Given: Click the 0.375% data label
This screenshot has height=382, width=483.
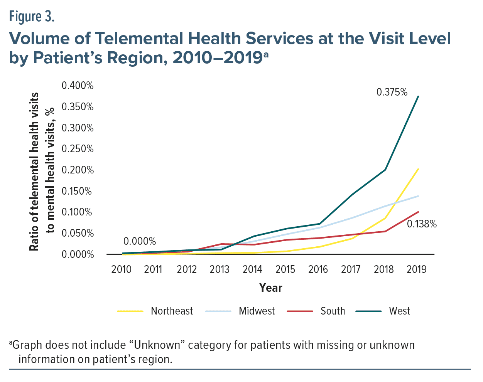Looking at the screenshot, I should (x=392, y=92).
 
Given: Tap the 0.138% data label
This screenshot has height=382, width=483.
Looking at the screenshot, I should (x=422, y=224).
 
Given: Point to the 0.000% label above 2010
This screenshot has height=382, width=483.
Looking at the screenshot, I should (x=140, y=241).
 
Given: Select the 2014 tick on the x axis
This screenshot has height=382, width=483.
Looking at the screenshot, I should (x=252, y=269).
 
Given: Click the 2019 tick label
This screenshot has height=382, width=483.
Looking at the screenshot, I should (x=417, y=269).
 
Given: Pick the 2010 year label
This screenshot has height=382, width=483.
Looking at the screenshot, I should (x=121, y=269).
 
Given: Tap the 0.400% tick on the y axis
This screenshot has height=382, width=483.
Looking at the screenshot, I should (x=78, y=86).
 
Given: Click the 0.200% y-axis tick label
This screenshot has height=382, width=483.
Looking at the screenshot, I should (x=78, y=170).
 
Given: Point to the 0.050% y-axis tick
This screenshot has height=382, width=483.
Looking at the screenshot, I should (x=78, y=233).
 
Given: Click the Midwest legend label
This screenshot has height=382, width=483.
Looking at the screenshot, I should (x=257, y=311).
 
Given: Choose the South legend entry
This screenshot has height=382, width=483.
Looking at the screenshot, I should (x=333, y=311).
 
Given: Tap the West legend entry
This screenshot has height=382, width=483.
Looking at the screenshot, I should (x=399, y=311).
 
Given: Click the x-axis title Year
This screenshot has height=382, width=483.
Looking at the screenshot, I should (x=270, y=288).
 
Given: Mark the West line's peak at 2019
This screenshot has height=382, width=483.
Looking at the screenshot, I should (x=418, y=96).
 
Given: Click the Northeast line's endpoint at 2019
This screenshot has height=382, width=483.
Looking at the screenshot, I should (x=418, y=169).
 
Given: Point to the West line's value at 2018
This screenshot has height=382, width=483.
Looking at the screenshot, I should (x=385, y=170).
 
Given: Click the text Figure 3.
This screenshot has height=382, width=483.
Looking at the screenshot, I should (x=32, y=17).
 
